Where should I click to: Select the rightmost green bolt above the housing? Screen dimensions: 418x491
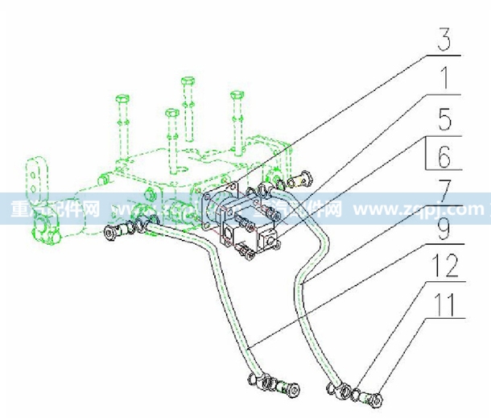point(238,121)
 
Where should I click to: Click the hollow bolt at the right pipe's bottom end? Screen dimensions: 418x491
point(372,396)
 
